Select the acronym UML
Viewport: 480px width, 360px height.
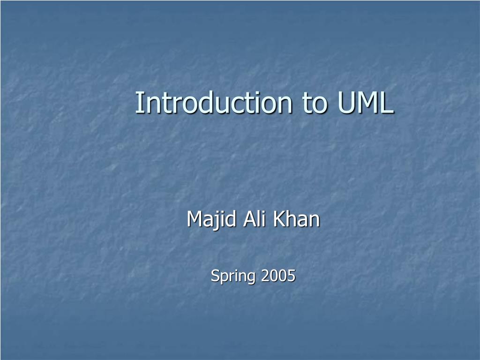(365, 103)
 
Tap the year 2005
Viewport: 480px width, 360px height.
(278, 276)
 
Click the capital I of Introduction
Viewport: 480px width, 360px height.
(139, 103)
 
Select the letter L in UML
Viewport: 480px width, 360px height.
(387, 103)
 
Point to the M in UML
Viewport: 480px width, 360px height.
(367, 103)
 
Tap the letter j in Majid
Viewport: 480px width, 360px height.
(210, 220)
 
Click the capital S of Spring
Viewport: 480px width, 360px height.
(215, 276)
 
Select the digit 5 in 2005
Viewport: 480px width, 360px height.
(292, 276)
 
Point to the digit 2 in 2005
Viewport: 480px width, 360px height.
(265, 276)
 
